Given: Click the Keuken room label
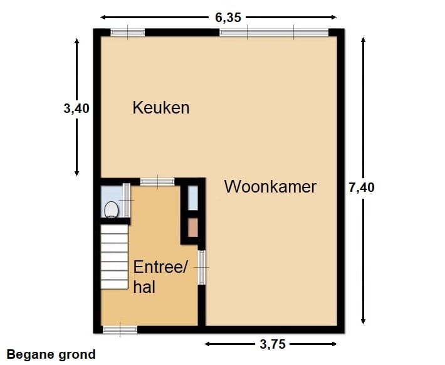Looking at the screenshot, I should pos(160,108).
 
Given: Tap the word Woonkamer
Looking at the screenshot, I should pos(270,187).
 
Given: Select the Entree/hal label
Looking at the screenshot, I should pos(160,277).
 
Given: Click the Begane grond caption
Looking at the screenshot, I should pos(51,355).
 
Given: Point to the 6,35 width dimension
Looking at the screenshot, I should pos(228,18).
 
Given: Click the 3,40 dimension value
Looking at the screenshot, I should pos(76,108).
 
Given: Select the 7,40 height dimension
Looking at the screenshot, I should pos(362,187).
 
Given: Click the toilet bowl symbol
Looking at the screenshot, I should pos(112,209).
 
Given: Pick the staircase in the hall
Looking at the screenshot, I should pos(114,257).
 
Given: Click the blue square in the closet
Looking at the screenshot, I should pos(193,197).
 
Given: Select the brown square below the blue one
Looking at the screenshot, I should pos(193,227).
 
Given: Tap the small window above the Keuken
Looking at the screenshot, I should pos(127,33).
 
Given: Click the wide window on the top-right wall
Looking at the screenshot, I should pos(274,33).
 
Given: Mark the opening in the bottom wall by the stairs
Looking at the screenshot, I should pos(120,329).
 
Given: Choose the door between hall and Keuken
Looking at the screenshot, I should pos(157,182).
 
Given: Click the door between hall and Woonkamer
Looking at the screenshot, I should pos(202,267).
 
